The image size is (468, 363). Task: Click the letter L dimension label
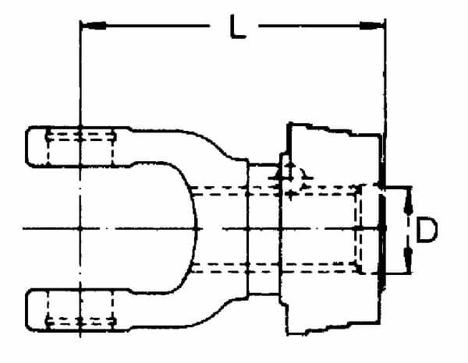(x=237, y=26)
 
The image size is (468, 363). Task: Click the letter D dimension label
(x=427, y=230)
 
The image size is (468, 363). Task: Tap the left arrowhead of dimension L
(x=94, y=26)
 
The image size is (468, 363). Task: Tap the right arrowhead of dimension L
(x=371, y=26)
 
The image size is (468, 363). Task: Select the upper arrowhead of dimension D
(x=408, y=200)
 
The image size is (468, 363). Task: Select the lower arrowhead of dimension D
(x=408, y=259)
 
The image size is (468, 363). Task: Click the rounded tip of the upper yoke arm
(x=28, y=146)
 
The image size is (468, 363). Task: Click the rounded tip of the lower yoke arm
(x=28, y=310)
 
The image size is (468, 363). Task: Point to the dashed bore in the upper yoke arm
(x=80, y=146)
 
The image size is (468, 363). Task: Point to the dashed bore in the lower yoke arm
(x=80, y=310)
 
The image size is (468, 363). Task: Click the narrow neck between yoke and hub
(x=264, y=228)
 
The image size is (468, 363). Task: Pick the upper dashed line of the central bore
(x=275, y=191)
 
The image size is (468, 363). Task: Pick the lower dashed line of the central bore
(x=275, y=268)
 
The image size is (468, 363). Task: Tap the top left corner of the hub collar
(x=288, y=124)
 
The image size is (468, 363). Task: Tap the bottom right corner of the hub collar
(x=380, y=322)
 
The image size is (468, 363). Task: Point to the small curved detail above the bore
(x=305, y=176)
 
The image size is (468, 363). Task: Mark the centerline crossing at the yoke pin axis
(x=80, y=228)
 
